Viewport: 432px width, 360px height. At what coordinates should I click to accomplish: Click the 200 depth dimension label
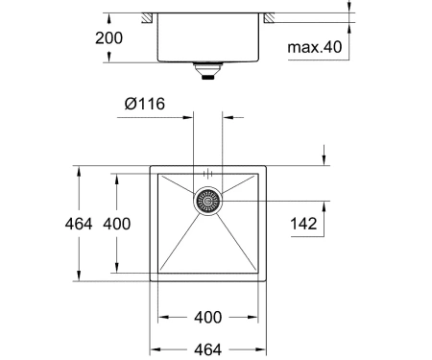(108, 38)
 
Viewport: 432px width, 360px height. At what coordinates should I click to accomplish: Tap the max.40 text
(315, 47)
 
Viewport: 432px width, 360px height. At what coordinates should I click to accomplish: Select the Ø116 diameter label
(145, 104)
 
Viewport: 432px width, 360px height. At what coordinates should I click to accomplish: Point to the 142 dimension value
(303, 224)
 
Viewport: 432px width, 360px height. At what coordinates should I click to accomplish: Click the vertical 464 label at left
(79, 224)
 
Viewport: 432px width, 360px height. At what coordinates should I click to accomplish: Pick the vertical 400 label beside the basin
(117, 224)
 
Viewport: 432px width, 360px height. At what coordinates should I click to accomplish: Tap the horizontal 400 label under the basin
(208, 317)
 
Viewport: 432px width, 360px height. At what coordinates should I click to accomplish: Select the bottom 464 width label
(208, 349)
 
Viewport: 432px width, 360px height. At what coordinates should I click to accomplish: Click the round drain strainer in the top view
(208, 201)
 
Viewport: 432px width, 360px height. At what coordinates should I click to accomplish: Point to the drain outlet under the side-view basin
(208, 71)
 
